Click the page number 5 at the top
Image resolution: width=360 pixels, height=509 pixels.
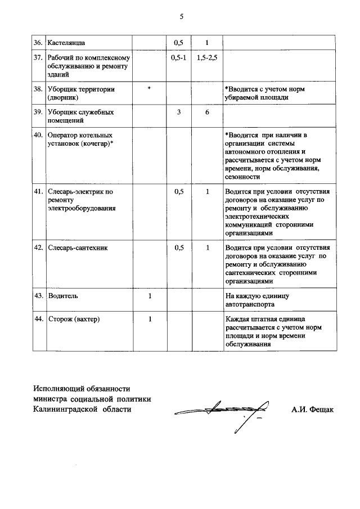tap(181, 16)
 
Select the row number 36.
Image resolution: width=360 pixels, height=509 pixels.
tap(38, 42)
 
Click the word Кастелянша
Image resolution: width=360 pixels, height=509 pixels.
tap(67, 42)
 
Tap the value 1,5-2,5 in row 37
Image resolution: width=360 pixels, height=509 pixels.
tap(207, 58)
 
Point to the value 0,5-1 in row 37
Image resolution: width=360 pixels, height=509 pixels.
tap(178, 58)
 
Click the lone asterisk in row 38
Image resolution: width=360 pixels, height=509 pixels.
tap(149, 89)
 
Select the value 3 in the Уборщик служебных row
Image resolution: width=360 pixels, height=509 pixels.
tap(178, 112)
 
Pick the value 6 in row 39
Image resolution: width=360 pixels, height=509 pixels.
tap(207, 112)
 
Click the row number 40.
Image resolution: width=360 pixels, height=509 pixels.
tap(38, 135)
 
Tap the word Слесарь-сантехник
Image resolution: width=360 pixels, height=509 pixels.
tap(78, 247)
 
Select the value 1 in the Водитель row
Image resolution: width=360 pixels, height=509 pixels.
tap(149, 295)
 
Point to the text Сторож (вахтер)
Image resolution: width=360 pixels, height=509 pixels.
tap(74, 319)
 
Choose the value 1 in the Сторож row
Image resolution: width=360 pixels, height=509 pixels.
tap(149, 319)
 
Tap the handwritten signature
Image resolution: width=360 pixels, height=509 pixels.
tap(225, 413)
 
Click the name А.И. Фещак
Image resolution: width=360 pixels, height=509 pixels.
tap(312, 409)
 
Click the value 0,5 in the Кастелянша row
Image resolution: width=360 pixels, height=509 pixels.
tap(178, 42)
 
